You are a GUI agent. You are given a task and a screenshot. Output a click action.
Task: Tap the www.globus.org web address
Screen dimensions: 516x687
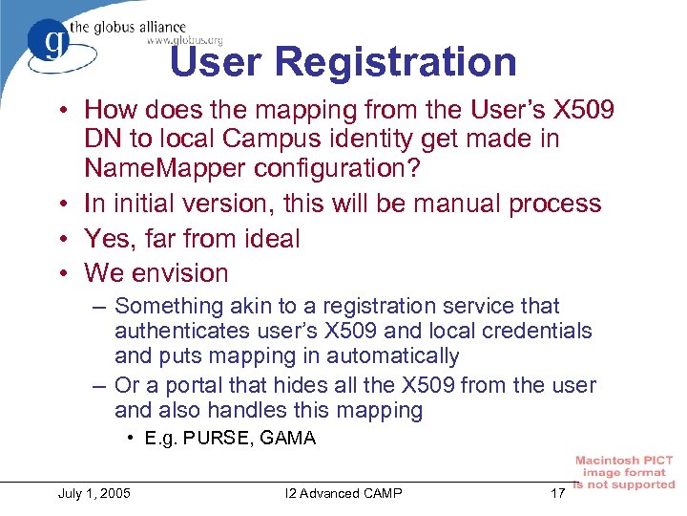(184, 40)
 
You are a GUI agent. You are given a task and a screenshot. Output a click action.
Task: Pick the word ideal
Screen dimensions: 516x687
(264, 238)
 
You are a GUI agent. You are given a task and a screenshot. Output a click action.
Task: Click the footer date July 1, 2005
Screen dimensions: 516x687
(95, 493)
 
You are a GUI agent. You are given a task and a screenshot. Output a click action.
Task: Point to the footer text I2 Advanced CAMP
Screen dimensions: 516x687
(343, 493)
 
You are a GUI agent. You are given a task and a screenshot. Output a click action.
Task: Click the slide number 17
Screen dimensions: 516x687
(557, 493)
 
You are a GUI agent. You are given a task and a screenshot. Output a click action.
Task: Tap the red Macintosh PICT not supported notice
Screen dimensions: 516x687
(624, 473)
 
